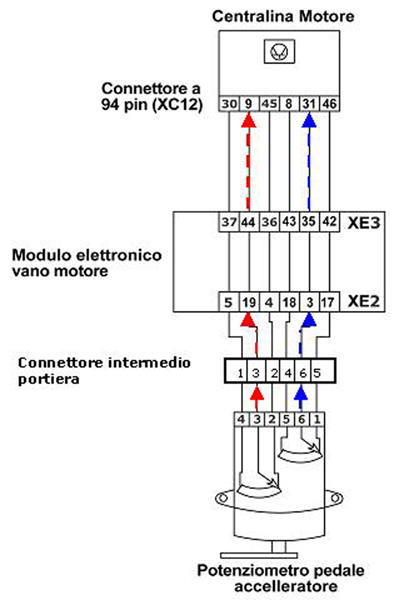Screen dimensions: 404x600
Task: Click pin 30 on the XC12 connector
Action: (229, 103)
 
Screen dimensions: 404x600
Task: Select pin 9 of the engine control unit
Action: (249, 103)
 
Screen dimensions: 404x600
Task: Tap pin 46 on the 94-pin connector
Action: (329, 103)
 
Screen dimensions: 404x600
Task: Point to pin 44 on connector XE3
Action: (249, 222)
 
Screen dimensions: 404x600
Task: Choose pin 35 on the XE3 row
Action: (308, 222)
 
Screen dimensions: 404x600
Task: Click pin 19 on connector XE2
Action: (249, 303)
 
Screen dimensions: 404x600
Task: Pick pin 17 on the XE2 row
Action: (327, 303)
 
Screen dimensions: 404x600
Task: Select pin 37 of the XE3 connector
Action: (229, 222)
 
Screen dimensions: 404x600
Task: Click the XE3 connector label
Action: (364, 223)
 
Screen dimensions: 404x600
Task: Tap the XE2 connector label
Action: (364, 302)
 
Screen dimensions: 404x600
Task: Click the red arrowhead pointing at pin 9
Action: (249, 120)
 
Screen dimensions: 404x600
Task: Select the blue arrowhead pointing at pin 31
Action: (309, 120)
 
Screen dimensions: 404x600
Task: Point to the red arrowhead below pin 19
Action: (249, 320)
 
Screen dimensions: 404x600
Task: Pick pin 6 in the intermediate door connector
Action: (303, 372)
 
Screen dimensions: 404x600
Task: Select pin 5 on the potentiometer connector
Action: (287, 420)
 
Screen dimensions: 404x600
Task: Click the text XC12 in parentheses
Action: (177, 104)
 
